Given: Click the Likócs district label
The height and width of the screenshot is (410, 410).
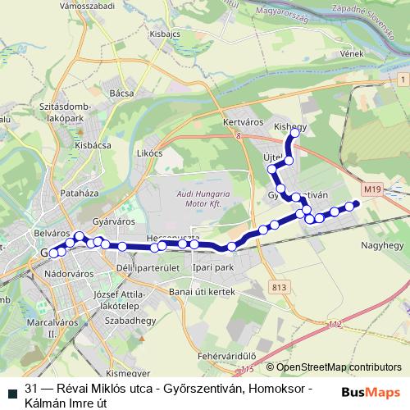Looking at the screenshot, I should coord(151,153).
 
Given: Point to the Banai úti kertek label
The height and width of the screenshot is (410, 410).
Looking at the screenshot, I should coord(202,291).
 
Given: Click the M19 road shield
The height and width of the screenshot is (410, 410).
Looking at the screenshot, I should coord(373,189).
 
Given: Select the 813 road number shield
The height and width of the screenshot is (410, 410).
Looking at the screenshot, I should coord(280,287).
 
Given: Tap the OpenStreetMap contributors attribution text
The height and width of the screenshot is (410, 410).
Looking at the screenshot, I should coord(338,367).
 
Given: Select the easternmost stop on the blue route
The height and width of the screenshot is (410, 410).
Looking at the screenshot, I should coord(355,204).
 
